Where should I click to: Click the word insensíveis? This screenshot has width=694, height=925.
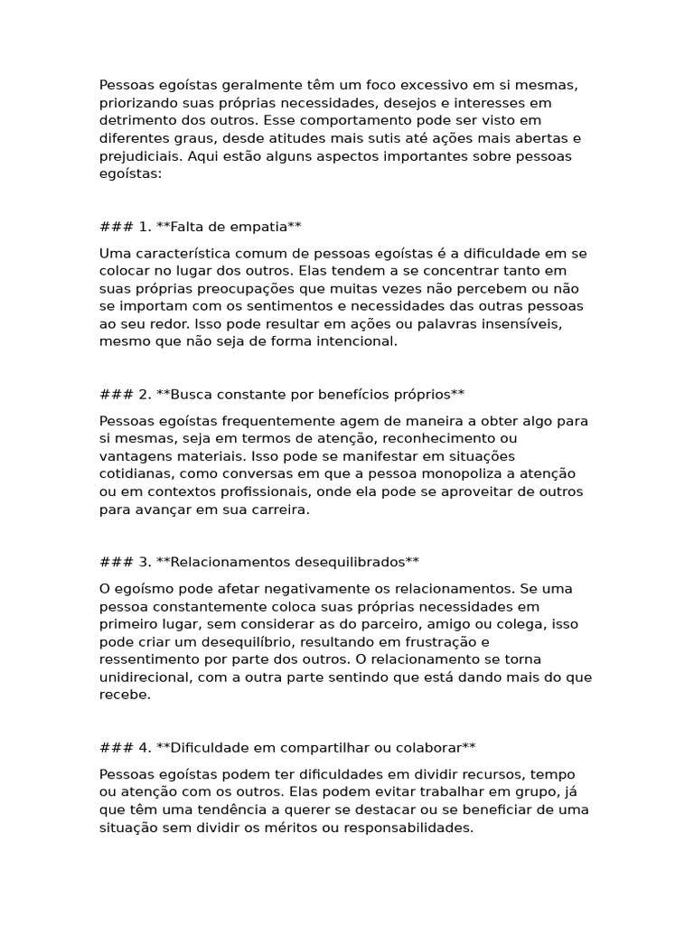[x=514, y=323]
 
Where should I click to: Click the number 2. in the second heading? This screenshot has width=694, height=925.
[x=145, y=394]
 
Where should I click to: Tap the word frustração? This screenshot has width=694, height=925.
[x=455, y=641]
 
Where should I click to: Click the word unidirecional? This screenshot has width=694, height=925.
[x=147, y=677]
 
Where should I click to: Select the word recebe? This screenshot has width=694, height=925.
[x=124, y=695]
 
